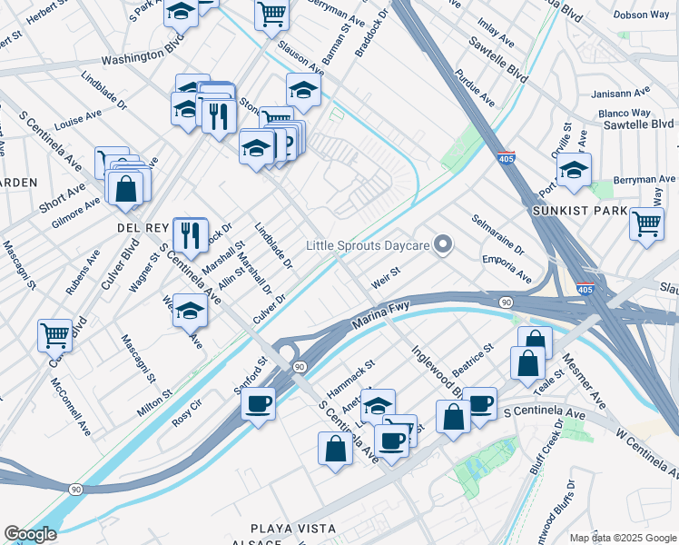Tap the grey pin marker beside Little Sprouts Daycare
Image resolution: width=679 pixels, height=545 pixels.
tap(443, 244)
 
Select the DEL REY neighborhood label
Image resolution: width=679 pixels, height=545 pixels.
tap(139, 227)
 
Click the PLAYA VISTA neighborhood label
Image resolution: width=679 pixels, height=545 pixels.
tap(293, 529)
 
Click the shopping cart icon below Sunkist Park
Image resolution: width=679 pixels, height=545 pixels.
tap(645, 223)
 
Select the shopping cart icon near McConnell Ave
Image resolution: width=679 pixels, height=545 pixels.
tap(54, 334)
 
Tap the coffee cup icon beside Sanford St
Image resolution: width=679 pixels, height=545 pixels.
tap(259, 402)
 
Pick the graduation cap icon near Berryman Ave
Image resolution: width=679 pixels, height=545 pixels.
tap(574, 169)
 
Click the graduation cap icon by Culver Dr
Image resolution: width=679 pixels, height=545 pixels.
tap(190, 310)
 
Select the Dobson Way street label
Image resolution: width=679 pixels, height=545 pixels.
tap(641, 15)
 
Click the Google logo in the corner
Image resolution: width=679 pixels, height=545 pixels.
tap(30, 534)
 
